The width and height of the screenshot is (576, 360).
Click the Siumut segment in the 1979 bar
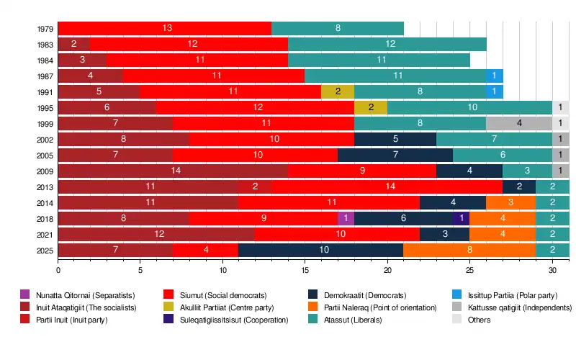pos(165,28)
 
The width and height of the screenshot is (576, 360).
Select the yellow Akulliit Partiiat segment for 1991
pos(338,91)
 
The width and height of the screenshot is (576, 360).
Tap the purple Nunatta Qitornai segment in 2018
pos(346,218)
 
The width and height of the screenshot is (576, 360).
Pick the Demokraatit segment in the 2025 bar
pos(321,250)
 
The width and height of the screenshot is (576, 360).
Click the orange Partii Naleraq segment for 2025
pos(469,250)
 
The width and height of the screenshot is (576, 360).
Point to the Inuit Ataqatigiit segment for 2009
pos(173,171)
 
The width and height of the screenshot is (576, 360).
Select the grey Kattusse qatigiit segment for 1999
pos(519,123)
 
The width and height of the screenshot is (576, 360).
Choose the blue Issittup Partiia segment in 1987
pos(494,76)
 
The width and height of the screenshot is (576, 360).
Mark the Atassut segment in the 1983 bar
pos(387,44)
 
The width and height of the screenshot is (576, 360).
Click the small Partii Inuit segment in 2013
pos(255,186)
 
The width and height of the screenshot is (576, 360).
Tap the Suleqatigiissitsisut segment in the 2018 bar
pos(461,218)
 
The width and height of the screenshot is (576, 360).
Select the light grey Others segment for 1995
pos(561,107)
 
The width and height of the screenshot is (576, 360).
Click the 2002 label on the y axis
pos(44,139)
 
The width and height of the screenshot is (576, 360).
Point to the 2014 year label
pos(44,202)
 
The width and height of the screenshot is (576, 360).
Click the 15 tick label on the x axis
pos(305,271)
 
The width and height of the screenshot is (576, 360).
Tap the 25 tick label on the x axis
pos(469,271)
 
